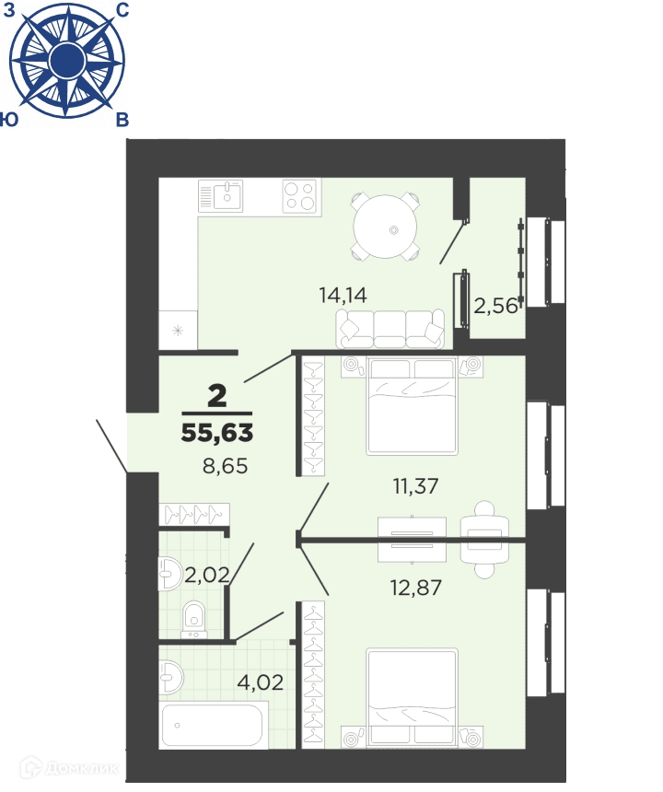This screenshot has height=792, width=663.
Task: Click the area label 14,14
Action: click(343, 295)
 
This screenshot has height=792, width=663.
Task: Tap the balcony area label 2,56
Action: click(495, 306)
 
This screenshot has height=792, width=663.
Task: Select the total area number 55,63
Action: click(217, 433)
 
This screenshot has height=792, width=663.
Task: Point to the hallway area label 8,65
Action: click(226, 466)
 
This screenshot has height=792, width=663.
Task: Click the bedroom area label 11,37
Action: click(415, 486)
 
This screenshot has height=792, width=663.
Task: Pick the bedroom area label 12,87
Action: click(416, 588)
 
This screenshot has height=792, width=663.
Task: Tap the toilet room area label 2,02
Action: click(206, 575)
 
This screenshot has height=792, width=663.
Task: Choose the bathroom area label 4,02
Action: click(260, 682)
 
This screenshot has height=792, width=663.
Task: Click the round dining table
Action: click(386, 227)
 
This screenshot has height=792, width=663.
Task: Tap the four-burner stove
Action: click(301, 195)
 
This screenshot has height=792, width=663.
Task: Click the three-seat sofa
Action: click(390, 329)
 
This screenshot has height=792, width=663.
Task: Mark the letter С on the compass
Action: click(122, 9)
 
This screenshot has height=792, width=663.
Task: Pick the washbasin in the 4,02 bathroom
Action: click(170, 677)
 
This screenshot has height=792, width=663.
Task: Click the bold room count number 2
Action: click(217, 396)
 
